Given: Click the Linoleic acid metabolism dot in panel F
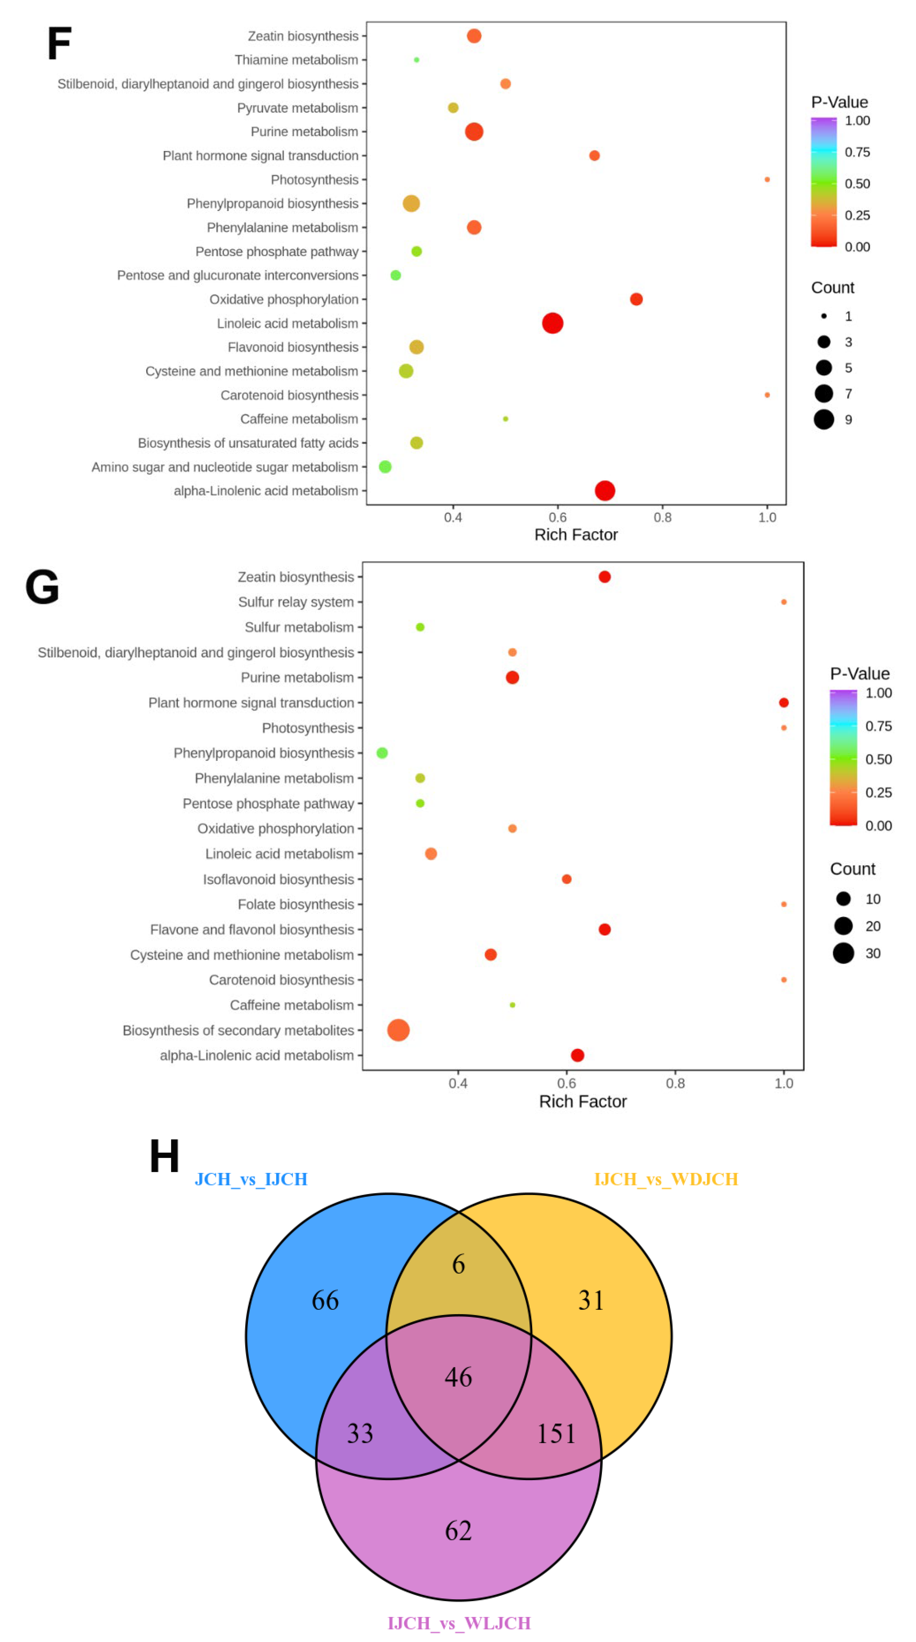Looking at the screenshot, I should [x=552, y=323].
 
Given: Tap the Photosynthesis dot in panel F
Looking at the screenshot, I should [x=767, y=180].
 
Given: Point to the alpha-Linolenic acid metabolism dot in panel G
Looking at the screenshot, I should [x=577, y=1056].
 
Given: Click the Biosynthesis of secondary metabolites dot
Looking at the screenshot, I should [x=398, y=1030].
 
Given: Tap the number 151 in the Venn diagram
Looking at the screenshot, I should [x=556, y=1433].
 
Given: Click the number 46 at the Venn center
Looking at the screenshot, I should [x=458, y=1377].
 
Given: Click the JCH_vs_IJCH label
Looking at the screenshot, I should [x=251, y=1179].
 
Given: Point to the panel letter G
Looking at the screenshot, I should [x=42, y=587].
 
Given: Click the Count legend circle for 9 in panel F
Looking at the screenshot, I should [x=823, y=420].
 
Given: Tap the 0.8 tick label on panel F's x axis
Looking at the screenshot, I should [x=662, y=518].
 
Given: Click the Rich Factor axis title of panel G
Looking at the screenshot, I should [x=582, y=1102].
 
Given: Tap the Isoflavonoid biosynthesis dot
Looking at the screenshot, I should [x=566, y=879].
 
